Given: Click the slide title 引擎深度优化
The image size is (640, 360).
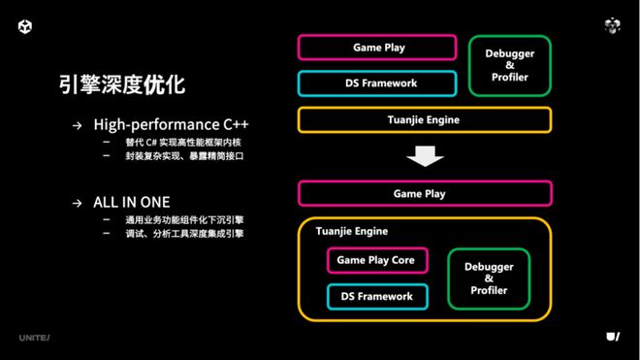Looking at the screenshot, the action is [121, 84].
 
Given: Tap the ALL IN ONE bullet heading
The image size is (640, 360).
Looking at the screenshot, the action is [132, 202].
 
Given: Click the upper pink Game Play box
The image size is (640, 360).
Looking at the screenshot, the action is [377, 48].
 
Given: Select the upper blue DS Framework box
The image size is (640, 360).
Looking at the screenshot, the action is [377, 83].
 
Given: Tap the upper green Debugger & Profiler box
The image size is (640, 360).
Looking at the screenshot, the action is [509, 66].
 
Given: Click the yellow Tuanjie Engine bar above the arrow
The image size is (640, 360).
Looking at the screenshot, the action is [424, 120].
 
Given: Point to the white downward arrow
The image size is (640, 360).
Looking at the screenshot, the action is [424, 155].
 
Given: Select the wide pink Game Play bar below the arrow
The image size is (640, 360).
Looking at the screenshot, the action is [424, 193].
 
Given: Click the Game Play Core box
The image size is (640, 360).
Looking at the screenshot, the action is [375, 261].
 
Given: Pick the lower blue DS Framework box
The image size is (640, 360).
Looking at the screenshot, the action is [375, 296].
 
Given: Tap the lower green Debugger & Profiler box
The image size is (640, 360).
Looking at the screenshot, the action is [489, 278].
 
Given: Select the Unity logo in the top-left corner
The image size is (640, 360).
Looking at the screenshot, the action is [24, 26].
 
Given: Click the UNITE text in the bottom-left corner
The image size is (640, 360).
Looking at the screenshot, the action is [34, 337].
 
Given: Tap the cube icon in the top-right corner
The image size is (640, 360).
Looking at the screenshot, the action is [612, 26].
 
